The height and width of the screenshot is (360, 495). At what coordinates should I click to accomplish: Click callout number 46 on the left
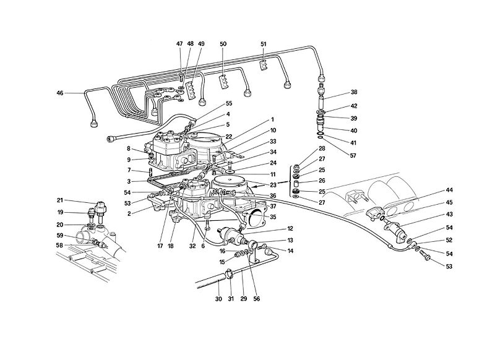click(60, 93)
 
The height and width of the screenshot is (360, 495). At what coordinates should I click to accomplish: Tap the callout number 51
click(264, 44)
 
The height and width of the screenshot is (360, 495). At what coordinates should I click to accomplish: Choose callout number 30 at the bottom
click(217, 299)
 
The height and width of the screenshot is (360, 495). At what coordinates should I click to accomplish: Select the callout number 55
click(211, 105)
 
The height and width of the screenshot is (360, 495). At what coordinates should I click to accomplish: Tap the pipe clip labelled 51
click(264, 62)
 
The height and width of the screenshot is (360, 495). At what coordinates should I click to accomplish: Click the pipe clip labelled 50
click(224, 82)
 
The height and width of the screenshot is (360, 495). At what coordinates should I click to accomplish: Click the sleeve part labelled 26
click(297, 182)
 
